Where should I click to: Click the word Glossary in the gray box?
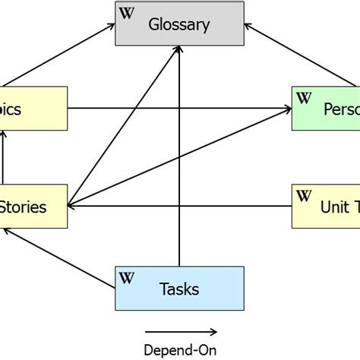tap(178, 24)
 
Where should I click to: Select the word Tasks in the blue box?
tap(180, 289)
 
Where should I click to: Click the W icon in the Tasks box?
tap(126, 278)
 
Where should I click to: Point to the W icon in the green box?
tap(304, 97)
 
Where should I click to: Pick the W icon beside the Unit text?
tap(304, 195)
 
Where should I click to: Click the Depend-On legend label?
tap(180, 349)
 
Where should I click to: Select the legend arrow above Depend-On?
tap(180, 331)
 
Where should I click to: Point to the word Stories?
tap(23, 207)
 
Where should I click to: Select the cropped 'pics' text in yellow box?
tap(11, 109)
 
